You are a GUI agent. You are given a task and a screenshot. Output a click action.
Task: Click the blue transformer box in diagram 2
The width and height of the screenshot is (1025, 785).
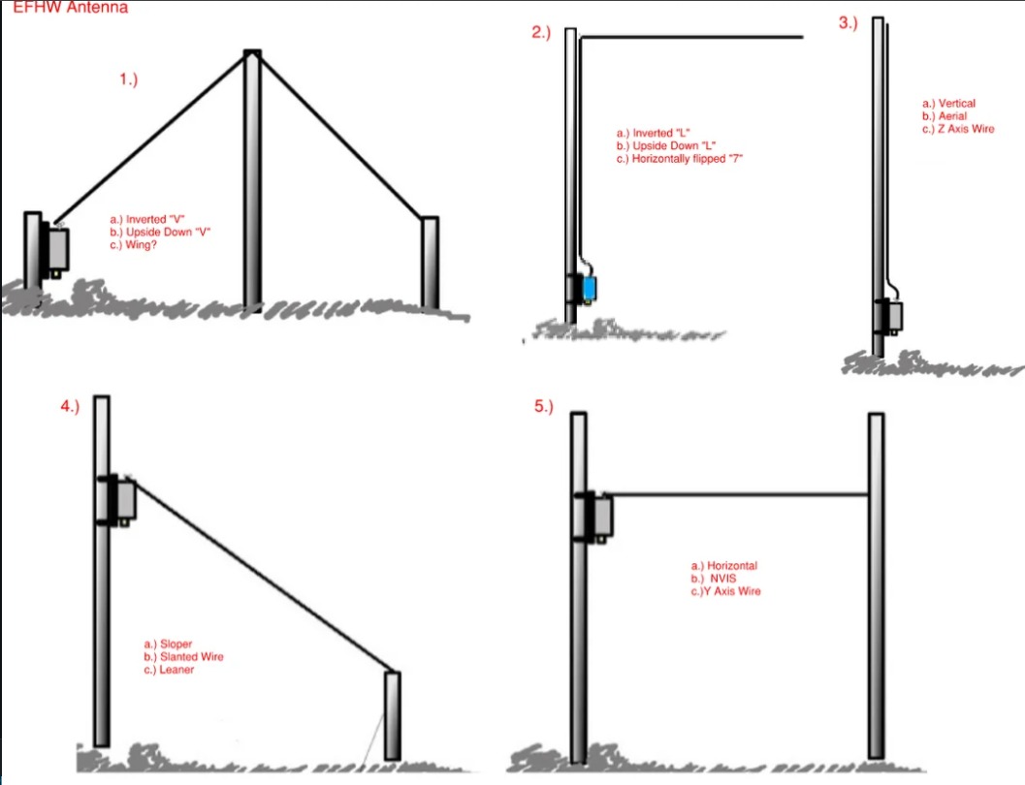click(x=589, y=288)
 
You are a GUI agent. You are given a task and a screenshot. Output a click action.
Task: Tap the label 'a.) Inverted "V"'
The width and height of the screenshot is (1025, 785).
click(x=147, y=219)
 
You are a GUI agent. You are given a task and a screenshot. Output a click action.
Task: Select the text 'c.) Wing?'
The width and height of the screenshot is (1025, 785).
click(x=134, y=245)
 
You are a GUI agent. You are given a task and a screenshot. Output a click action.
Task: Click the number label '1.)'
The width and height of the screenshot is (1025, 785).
click(x=129, y=79)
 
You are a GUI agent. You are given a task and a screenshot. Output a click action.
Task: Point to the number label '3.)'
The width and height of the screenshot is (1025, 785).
click(x=848, y=23)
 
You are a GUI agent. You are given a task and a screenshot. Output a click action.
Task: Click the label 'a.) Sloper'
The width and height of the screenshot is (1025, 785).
click(x=168, y=644)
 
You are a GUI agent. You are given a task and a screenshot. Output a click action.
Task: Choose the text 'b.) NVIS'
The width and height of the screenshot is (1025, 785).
click(x=713, y=579)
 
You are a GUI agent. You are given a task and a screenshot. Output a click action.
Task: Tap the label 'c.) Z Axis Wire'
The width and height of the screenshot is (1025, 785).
click(x=958, y=129)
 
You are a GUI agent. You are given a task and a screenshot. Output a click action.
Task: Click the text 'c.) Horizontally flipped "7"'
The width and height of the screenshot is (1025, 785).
click(x=679, y=159)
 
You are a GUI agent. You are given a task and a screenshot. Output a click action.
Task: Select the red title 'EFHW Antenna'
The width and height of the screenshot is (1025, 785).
click(x=71, y=7)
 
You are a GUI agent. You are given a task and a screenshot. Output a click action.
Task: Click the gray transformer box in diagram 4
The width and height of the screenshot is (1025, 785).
click(x=125, y=500)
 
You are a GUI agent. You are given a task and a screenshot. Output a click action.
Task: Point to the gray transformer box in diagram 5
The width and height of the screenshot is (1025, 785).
click(x=603, y=517)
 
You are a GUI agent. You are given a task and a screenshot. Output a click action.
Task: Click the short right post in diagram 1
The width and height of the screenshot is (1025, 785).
click(x=430, y=264)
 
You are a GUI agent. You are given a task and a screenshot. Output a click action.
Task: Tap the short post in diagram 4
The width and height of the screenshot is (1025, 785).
click(x=392, y=716)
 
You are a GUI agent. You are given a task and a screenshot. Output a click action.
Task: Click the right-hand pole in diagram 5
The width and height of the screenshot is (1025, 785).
click(x=876, y=585)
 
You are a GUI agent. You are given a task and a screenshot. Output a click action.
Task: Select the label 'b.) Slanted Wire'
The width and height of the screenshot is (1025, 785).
click(x=183, y=657)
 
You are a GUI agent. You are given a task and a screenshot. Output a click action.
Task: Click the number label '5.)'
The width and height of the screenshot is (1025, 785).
click(x=544, y=407)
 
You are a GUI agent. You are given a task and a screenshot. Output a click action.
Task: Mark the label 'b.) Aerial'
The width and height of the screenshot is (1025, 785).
click(x=944, y=116)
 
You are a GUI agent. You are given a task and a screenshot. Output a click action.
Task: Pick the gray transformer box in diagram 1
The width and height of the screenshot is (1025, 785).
click(x=59, y=249)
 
